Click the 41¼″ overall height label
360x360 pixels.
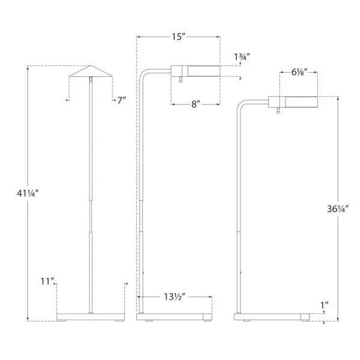point(27,194)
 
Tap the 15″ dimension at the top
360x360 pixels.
point(177,37)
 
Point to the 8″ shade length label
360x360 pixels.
point(195,105)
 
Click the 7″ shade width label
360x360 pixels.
point(121,100)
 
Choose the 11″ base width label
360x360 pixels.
point(47,281)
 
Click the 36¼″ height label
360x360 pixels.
point(338,209)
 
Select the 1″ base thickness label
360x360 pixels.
point(325,305)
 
